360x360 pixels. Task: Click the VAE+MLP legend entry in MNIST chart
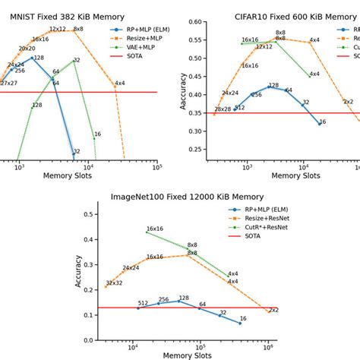pyautogui.click(x=137, y=47)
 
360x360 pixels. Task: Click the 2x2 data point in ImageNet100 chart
pyautogui.click(x=268, y=311)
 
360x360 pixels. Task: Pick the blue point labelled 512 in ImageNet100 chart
pyautogui.click(x=137, y=308)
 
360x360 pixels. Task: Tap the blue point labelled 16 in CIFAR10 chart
pyautogui.click(x=319, y=124)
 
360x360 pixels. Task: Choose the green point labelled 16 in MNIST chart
pyautogui.click(x=94, y=138)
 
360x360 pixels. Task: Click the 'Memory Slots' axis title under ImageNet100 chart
pyautogui.click(x=182, y=355)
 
